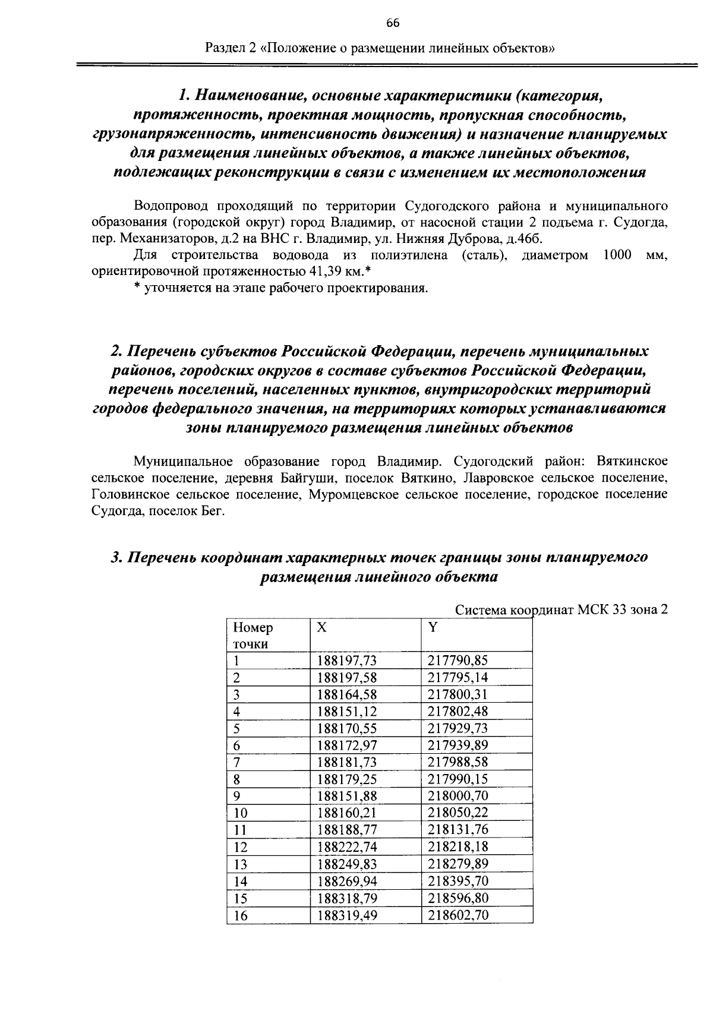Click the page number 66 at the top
(x=393, y=23)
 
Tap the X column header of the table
(x=321, y=628)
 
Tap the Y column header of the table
(x=433, y=628)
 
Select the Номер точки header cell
(x=253, y=636)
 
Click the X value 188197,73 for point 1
(x=347, y=661)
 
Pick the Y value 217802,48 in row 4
(x=458, y=712)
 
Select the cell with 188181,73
(x=347, y=762)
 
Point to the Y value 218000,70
(x=458, y=796)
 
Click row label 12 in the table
(x=240, y=847)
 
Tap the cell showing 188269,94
(x=347, y=881)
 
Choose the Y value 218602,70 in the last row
(x=458, y=915)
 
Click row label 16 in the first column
(x=240, y=915)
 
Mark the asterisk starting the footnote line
(x=137, y=289)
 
